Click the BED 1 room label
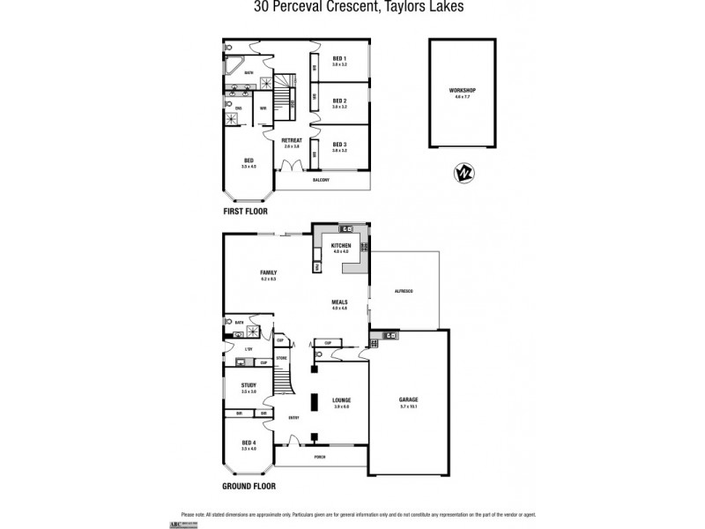(x=339, y=59)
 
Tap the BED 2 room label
(x=339, y=101)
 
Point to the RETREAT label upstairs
(x=291, y=140)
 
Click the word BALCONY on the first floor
(x=321, y=180)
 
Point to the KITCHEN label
(x=342, y=246)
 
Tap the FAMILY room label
(x=268, y=273)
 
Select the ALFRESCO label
(x=404, y=290)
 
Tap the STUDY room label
(x=249, y=385)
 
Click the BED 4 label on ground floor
(x=248, y=443)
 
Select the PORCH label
(x=321, y=458)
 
